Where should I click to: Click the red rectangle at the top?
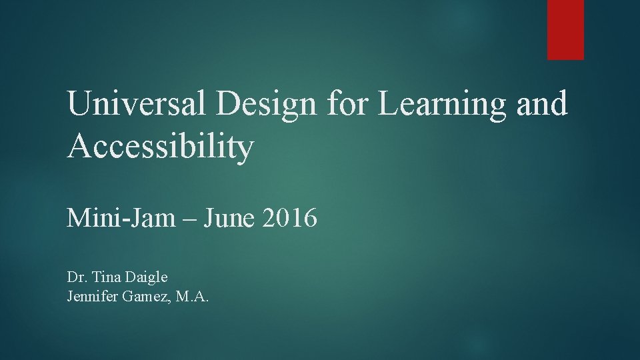click(565, 29)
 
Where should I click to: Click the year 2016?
click(289, 217)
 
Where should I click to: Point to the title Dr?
click(75, 277)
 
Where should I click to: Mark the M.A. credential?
click(193, 297)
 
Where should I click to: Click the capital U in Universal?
click(78, 105)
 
